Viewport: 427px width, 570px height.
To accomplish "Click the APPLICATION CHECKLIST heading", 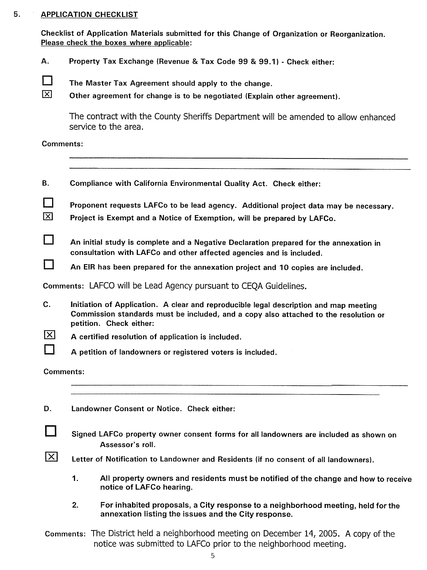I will [x=89, y=15].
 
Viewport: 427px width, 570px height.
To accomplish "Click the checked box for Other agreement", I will [x=47, y=95].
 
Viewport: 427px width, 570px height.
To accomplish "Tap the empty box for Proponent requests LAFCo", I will [x=48, y=203].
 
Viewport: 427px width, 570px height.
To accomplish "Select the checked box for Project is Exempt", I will [x=48, y=217].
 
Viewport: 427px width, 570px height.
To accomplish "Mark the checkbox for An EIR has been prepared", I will [x=49, y=264].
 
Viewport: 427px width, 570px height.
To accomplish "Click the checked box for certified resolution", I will [x=50, y=335].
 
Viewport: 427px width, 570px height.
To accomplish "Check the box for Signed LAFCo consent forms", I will [x=51, y=431].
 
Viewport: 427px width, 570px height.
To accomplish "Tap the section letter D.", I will [x=47, y=409].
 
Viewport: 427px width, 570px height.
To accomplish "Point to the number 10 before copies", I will [x=284, y=267].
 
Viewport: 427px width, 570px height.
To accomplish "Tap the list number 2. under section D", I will [x=75, y=505].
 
